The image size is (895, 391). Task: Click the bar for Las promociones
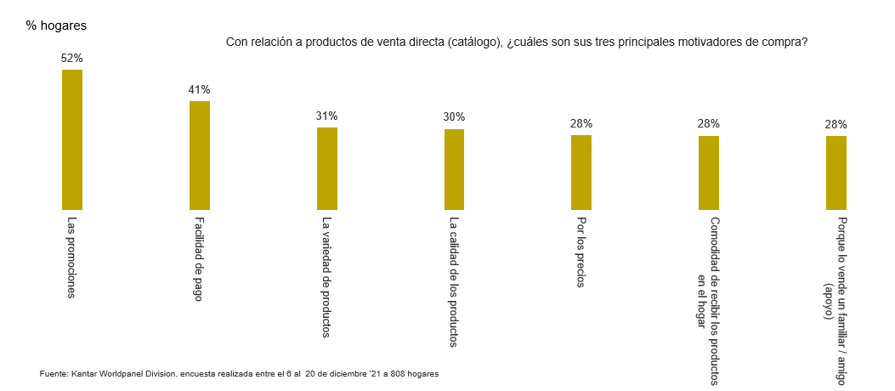coord(72,139)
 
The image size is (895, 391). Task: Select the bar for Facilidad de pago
coord(200,155)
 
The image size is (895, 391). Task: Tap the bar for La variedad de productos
coord(327,168)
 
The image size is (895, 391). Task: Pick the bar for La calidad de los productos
coord(454,169)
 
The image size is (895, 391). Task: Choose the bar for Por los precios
coord(581,172)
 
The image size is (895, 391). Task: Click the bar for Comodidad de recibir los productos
coord(709,173)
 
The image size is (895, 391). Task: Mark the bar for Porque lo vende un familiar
coord(836,173)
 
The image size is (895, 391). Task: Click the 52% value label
coord(72,58)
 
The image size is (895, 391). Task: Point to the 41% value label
coord(200,89)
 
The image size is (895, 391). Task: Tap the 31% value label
coord(327,116)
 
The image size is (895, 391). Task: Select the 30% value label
coord(454,116)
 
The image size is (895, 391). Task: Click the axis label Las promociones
coord(72,258)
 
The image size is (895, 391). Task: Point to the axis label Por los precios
coord(581,252)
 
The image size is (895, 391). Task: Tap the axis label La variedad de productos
coord(327,277)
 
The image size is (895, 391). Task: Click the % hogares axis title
coord(56,25)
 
